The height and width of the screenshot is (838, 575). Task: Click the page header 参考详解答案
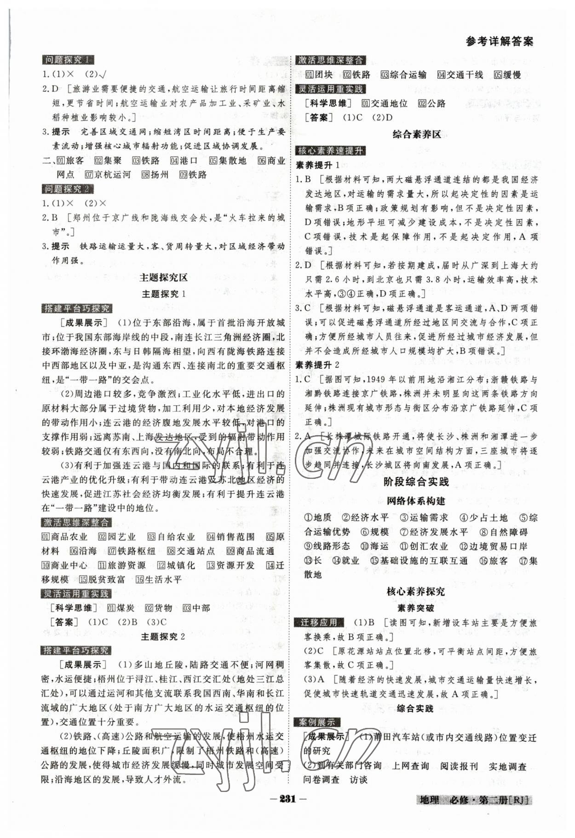click(499, 41)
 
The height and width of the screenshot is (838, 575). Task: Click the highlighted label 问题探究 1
click(67, 60)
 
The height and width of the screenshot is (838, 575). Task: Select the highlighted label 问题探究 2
click(67, 189)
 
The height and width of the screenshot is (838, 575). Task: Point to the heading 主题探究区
click(163, 277)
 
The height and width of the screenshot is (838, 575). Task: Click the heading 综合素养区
click(417, 134)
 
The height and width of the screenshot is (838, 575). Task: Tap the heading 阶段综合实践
click(416, 482)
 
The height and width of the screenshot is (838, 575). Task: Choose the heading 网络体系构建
click(416, 500)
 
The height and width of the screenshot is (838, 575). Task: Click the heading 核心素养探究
click(416, 592)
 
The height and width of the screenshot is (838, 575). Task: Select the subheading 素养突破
click(416, 608)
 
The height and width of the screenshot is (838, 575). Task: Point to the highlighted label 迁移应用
click(318, 623)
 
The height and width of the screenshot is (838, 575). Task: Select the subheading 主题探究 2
click(163, 636)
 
